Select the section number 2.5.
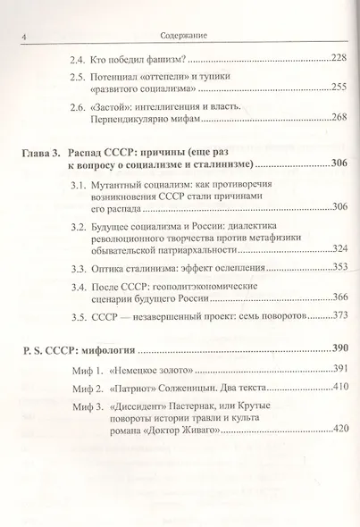click(x=77, y=78)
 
